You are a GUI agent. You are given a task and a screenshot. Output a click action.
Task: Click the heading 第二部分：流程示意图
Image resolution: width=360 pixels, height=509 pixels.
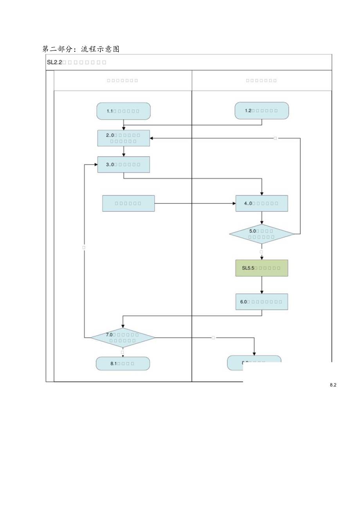(81, 49)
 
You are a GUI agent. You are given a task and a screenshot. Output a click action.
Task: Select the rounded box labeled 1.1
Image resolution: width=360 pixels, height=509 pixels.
(123, 111)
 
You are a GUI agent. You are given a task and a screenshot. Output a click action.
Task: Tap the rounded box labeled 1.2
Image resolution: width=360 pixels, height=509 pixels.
(261, 111)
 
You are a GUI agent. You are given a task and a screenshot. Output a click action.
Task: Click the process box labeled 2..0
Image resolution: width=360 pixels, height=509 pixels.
(123, 138)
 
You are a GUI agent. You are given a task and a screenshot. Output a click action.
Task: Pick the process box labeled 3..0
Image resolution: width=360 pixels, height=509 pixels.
(123, 164)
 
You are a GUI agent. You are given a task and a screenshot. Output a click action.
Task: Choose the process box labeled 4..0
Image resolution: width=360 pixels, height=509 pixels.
(261, 203)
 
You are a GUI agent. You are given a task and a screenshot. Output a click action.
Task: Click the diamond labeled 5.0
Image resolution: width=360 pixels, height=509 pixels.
(261, 234)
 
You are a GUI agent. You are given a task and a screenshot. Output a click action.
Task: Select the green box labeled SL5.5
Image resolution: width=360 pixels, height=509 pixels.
(261, 268)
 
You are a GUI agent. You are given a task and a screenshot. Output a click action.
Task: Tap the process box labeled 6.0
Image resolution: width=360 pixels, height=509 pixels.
(261, 302)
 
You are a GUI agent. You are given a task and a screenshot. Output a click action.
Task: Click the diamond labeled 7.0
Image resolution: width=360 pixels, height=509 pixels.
(123, 337)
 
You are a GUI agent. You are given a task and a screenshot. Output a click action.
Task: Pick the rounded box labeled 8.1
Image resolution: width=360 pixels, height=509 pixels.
(123, 363)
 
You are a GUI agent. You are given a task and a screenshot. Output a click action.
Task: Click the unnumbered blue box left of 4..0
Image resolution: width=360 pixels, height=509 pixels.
(128, 203)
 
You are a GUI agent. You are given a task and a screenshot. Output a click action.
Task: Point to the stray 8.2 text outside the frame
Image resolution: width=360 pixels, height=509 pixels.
(333, 385)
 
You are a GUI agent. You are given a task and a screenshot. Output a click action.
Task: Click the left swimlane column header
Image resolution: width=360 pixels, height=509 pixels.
(122, 81)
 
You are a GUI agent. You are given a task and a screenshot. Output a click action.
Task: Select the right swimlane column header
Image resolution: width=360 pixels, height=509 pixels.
(261, 81)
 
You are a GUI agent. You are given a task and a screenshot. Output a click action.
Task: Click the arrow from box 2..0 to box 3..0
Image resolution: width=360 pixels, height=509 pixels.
(124, 151)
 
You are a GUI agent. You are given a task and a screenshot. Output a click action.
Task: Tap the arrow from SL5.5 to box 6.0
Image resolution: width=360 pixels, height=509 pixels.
(262, 285)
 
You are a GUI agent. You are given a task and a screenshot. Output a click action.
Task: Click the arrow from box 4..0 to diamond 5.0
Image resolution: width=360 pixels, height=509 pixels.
(262, 218)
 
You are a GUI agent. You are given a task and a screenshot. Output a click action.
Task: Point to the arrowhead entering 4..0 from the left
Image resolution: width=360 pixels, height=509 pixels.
(233, 203)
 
